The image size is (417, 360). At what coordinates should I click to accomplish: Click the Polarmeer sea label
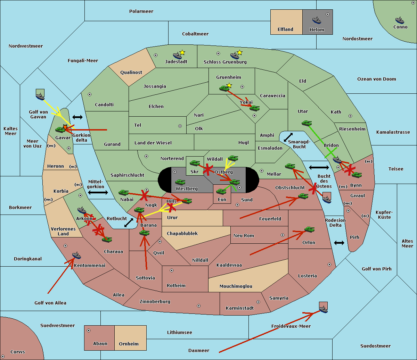pyautogui.click(x=141, y=11)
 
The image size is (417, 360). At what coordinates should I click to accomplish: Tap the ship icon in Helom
pyautogui.click(x=317, y=20)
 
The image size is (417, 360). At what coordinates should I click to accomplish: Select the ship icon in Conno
pyautogui.click(x=400, y=20)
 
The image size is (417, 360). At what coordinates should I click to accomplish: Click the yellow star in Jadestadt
pyautogui.click(x=182, y=52)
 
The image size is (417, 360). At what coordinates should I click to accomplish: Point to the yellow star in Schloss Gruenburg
pyautogui.click(x=239, y=52)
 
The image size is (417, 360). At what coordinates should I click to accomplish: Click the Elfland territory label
pyautogui.click(x=285, y=30)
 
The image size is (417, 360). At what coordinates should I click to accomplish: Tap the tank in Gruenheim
pyautogui.click(x=224, y=88)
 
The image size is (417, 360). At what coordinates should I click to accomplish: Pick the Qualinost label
pyautogui.click(x=131, y=73)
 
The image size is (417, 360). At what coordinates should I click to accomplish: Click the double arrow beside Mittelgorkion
pyautogui.click(x=98, y=193)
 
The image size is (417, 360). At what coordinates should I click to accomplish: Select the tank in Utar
pyautogui.click(x=306, y=123)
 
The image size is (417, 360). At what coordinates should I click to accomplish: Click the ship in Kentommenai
pyautogui.click(x=76, y=256)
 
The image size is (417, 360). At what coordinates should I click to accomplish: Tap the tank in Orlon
pyautogui.click(x=309, y=229)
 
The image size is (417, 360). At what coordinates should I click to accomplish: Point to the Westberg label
pyautogui.click(x=187, y=189)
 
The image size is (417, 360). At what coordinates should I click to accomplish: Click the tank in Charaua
pyautogui.click(x=107, y=239)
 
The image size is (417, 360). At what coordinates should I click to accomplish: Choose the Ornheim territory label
pyautogui.click(x=129, y=344)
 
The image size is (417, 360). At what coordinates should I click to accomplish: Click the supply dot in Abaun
pyautogui.click(x=89, y=330)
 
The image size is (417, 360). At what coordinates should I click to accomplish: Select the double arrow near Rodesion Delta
pyautogui.click(x=339, y=243)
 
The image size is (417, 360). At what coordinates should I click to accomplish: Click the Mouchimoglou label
pyautogui.click(x=236, y=286)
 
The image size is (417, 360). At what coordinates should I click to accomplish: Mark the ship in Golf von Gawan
pyautogui.click(x=40, y=95)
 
